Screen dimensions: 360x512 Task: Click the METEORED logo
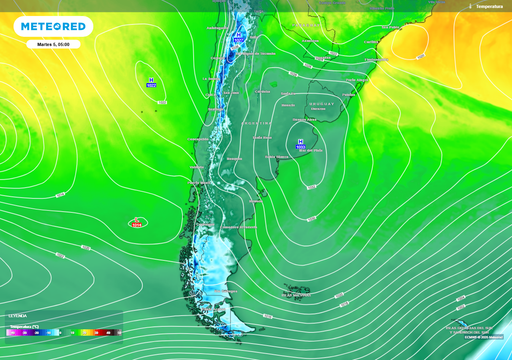(56, 26)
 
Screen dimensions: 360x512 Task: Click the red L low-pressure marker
(135, 223)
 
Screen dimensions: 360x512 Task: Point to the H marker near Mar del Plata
(300, 144)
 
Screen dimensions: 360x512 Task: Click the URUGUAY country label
(320, 103)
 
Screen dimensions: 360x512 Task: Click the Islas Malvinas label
(296, 294)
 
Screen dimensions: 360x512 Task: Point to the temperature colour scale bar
(60, 331)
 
